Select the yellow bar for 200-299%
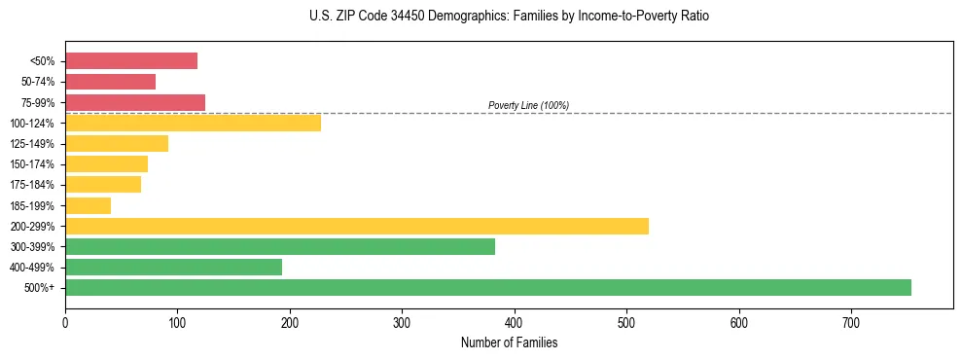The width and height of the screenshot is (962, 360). point(357,227)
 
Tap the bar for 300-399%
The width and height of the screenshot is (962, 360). point(280,247)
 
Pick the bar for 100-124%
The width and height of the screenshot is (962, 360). point(193,124)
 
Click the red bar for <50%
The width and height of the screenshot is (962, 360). point(131,61)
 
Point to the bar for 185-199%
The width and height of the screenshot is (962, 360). point(88,205)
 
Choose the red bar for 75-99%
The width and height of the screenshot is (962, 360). point(135,102)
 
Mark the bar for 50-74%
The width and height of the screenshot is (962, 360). point(110,82)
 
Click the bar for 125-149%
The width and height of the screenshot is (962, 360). point(117,144)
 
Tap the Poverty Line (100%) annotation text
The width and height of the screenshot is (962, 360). point(528,105)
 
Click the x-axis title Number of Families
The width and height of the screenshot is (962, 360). point(509,343)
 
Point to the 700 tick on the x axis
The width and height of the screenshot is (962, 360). point(851,323)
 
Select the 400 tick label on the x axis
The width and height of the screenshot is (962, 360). point(515,323)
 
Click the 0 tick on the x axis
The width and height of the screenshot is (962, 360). point(65,323)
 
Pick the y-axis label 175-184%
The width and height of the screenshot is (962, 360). point(32,185)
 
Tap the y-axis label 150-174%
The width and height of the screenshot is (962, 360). point(32,164)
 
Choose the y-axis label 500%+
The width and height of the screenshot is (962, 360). point(39,288)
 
